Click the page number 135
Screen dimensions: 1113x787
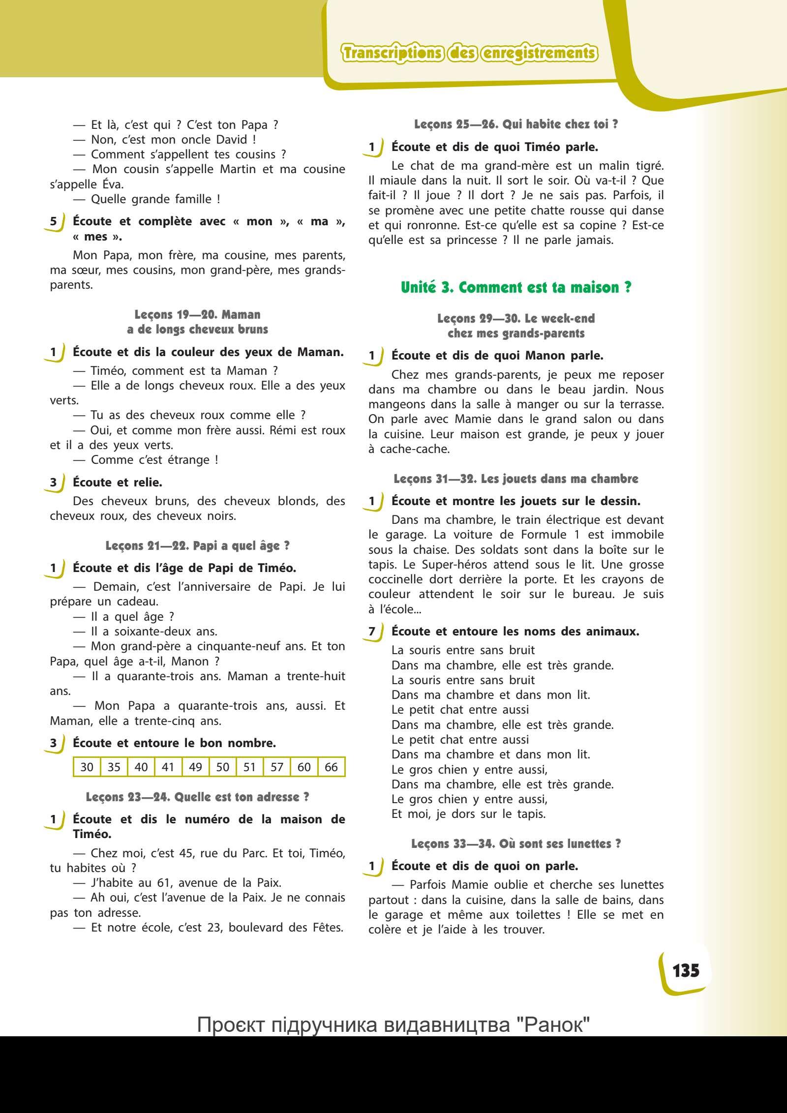click(x=686, y=971)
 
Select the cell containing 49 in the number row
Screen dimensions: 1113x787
click(x=195, y=767)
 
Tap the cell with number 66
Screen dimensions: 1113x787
click(x=331, y=767)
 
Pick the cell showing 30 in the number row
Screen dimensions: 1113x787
click(x=87, y=767)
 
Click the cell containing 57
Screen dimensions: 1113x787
click(x=277, y=767)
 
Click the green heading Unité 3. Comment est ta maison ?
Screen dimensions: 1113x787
click(x=516, y=287)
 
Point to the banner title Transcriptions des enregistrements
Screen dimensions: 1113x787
click(x=470, y=53)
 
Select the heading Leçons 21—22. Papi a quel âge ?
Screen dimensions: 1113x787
click(x=197, y=545)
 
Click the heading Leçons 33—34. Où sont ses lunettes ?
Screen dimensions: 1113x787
click(x=516, y=843)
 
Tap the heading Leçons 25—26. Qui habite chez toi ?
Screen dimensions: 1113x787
click(x=516, y=124)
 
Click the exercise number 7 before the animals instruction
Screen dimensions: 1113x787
click(x=372, y=632)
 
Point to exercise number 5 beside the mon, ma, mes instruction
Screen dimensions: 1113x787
click(x=54, y=221)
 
